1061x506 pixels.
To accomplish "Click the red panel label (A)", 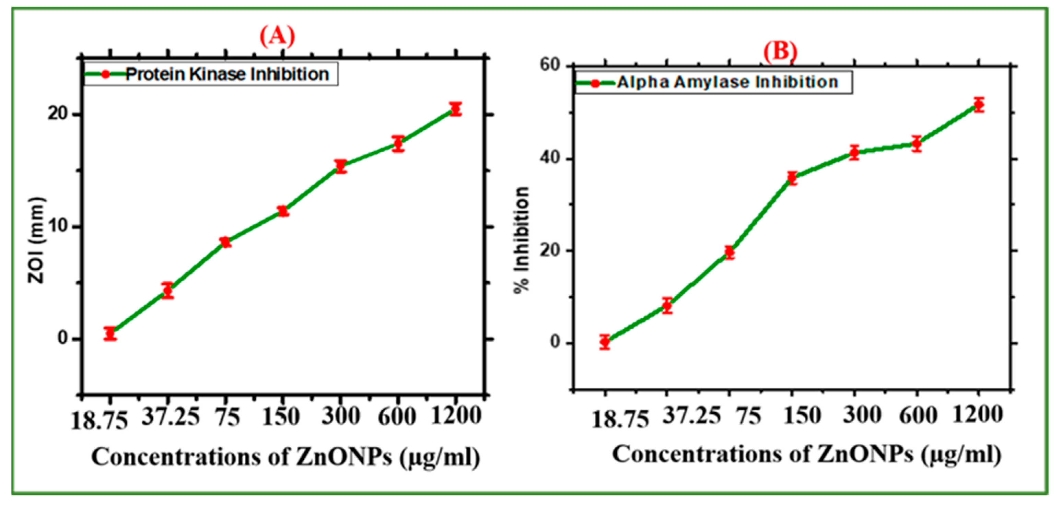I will pos(277,36).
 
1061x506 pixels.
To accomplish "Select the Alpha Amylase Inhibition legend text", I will pos(727,82).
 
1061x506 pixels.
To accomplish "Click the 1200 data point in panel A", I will pos(455,109).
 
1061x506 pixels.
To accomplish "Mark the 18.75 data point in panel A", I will pos(110,333).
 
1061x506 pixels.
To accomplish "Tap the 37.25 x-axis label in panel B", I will pos(692,415).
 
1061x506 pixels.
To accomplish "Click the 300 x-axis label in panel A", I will pos(341,416).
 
